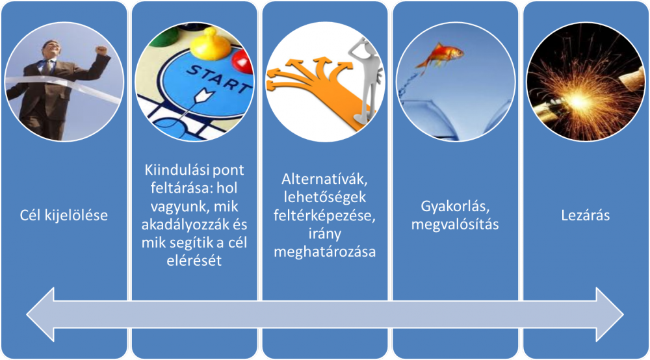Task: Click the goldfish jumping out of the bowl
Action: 439,56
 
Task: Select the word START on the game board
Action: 218,78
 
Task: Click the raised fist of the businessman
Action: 101,50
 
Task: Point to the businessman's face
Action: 52,49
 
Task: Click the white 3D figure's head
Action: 361,46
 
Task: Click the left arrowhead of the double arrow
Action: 40,315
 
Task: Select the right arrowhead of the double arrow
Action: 610,315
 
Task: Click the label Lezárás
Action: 586,216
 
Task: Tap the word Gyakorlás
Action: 455,206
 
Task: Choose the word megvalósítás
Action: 455,224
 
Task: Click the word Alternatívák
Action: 324,179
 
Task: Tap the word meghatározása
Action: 324,251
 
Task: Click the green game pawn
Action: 164,36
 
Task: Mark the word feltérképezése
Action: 324,216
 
